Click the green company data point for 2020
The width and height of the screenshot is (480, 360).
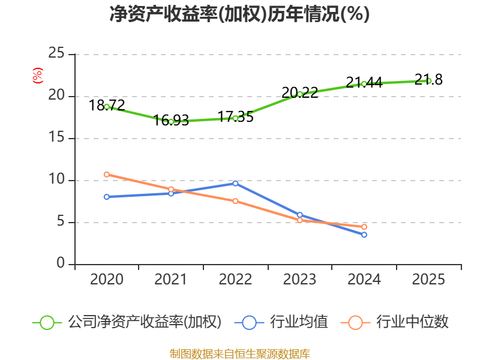pos(107,106)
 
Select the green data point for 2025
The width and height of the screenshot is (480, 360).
pos(428,80)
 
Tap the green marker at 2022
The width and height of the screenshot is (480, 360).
pos(235,118)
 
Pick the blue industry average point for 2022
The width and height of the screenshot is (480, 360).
pos(235,183)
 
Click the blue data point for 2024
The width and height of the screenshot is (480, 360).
pos(364,235)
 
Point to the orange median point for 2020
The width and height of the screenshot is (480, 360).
pos(107,174)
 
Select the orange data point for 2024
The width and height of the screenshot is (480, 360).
pos(364,227)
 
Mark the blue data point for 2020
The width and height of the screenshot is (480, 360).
pos(107,196)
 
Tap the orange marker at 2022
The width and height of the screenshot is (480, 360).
pos(235,201)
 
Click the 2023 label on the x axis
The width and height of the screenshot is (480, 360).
pos(299,280)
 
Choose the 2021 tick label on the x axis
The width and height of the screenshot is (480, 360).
pos(171,280)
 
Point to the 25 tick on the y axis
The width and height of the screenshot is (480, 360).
pos(56,54)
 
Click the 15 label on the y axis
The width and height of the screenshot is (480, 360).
pos(56,138)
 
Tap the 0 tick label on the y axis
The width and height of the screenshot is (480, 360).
pos(61,264)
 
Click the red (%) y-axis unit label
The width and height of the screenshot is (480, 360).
pos(37,76)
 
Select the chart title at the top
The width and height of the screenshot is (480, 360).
pos(239,14)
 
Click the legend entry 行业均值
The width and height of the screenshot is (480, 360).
pos(299,322)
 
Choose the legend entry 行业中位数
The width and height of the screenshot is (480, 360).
pos(413,322)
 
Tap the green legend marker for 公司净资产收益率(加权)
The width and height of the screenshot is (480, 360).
pos(47,322)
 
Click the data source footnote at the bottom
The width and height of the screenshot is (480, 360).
pos(239,353)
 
